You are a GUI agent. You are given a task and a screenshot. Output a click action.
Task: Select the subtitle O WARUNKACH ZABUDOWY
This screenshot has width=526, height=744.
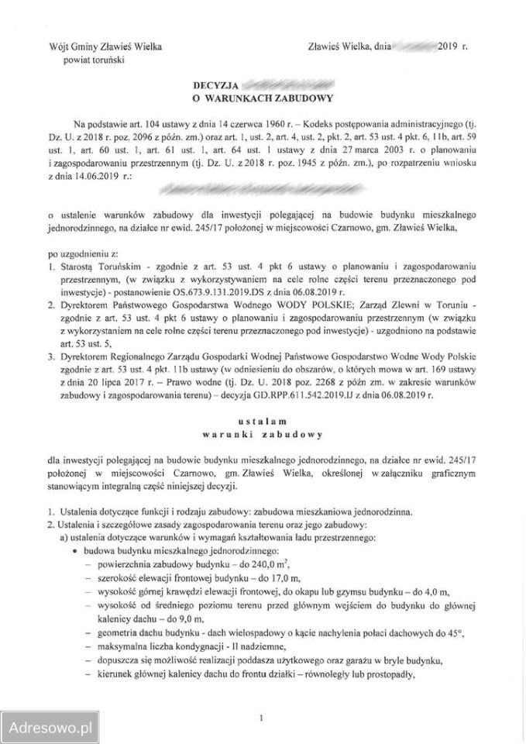(263, 98)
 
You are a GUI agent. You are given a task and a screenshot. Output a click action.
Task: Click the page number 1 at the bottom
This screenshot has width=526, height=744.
(263, 718)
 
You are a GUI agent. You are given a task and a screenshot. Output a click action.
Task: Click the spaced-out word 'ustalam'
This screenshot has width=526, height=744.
(263, 419)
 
